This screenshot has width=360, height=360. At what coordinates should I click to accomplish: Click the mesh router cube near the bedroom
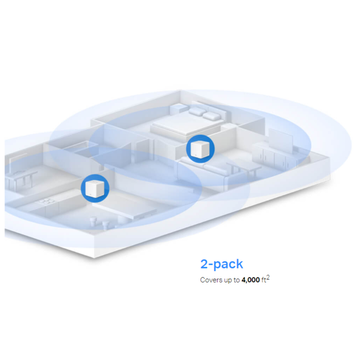(200, 149)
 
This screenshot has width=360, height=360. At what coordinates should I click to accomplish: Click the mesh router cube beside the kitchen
(95, 188)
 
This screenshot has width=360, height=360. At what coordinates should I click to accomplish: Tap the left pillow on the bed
(197, 111)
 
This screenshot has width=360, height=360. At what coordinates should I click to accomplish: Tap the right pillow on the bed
(212, 116)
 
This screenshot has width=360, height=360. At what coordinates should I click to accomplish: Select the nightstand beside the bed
(179, 109)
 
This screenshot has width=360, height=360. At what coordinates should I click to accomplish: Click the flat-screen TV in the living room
(281, 140)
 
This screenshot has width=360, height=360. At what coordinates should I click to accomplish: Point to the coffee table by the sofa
(243, 169)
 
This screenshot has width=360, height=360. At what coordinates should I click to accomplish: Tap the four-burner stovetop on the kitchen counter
(47, 202)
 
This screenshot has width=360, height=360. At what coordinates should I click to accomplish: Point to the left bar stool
(93, 222)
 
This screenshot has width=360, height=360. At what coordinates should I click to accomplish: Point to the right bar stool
(105, 225)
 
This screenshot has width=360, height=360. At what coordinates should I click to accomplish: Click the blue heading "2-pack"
(222, 264)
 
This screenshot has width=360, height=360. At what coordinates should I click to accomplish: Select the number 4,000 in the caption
(250, 280)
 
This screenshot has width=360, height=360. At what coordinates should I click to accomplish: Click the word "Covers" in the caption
(209, 280)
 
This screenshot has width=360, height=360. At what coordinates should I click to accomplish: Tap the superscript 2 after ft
(268, 277)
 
